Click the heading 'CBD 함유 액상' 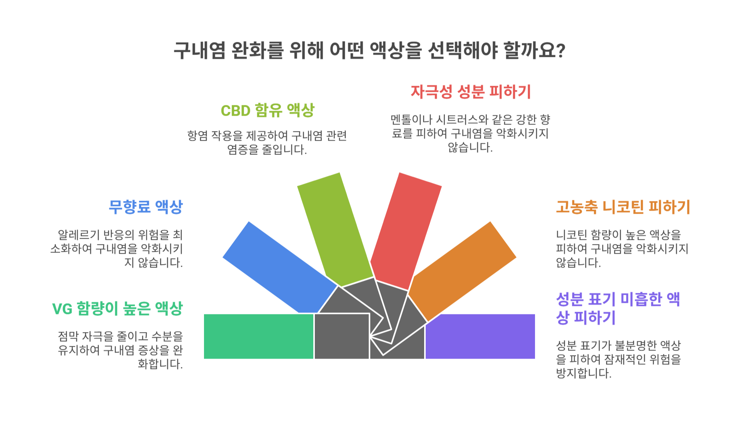pyautogui.click(x=268, y=111)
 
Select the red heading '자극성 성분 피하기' pyautogui.click(x=471, y=92)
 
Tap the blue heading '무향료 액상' pyautogui.click(x=145, y=207)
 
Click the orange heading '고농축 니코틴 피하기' pyautogui.click(x=623, y=207)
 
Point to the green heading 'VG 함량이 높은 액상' pyautogui.click(x=117, y=309)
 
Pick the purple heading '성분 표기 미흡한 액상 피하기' pyautogui.click(x=618, y=309)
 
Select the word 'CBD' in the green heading pyautogui.click(x=236, y=111)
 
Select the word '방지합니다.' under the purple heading pyautogui.click(x=584, y=373)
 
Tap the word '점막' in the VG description pyautogui.click(x=68, y=337)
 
